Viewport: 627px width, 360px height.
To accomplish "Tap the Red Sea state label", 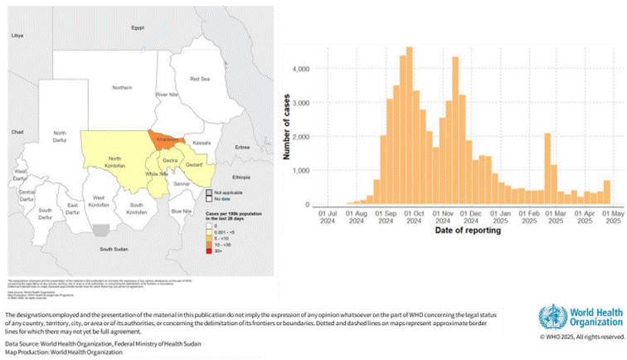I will pos(200,80).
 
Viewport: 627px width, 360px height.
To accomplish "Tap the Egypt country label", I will pos(138,27).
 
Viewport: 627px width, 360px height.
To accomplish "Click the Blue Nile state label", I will pos(182,212).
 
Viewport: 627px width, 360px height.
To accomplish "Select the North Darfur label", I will pos(59,136).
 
